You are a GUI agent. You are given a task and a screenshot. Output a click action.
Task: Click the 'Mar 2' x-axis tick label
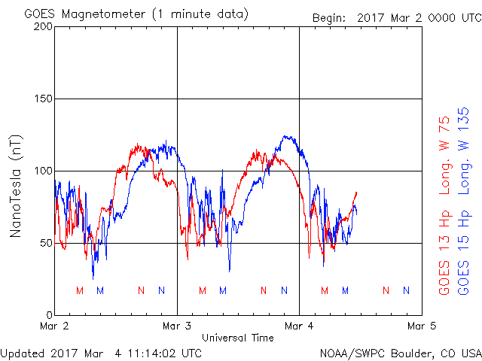click(54, 326)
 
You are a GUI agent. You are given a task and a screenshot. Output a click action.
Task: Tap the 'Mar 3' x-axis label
click(177, 326)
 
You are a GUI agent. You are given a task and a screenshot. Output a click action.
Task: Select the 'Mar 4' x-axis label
click(299, 326)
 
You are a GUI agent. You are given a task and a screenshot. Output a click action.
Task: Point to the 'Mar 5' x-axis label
click(421, 326)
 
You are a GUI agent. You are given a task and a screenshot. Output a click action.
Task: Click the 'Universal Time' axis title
click(238, 338)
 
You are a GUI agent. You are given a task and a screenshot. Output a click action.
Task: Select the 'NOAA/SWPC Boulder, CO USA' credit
click(400, 352)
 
